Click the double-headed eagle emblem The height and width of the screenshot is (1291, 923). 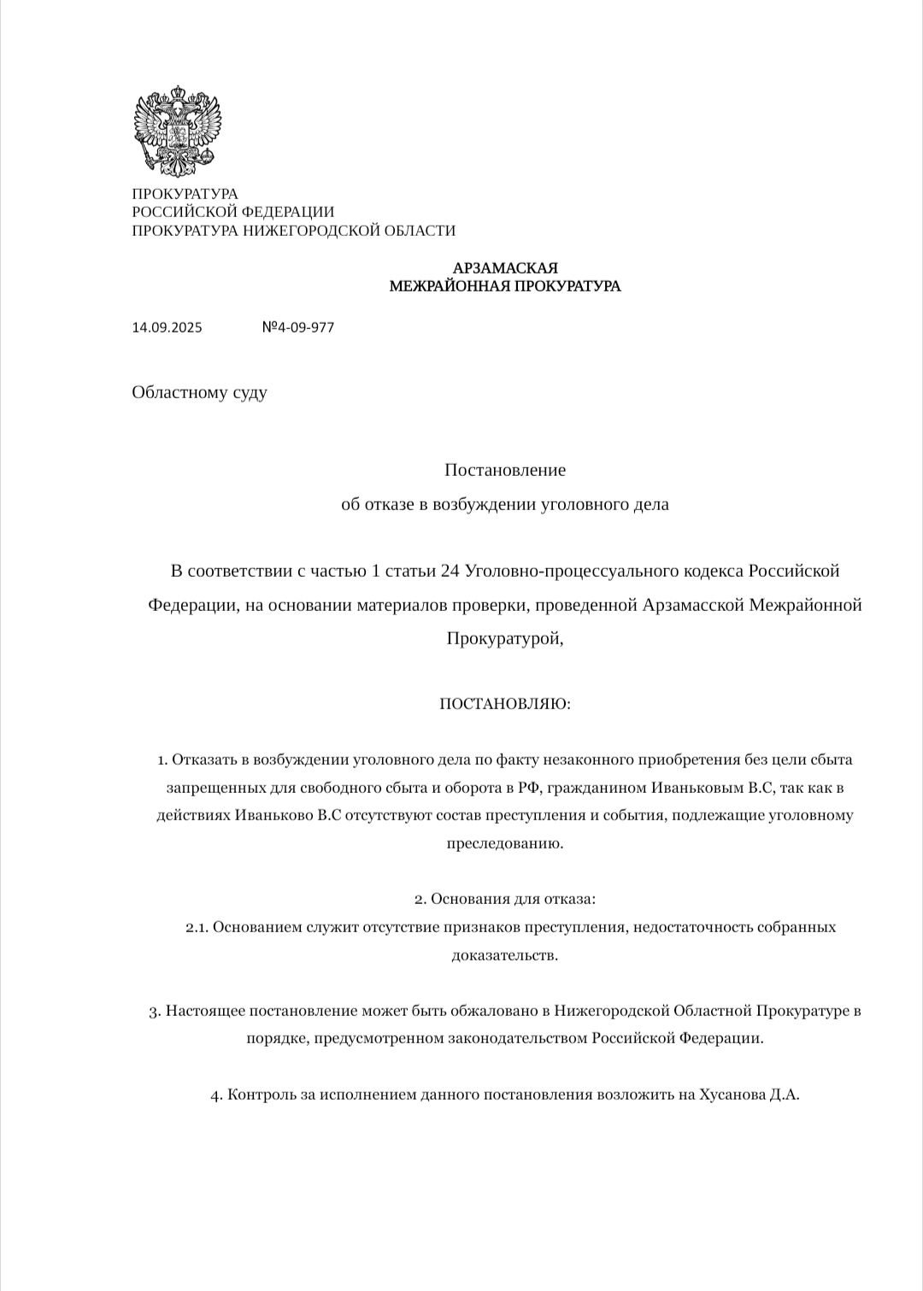[177, 131]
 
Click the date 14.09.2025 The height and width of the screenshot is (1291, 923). [167, 327]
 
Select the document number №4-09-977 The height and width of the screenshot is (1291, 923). [297, 327]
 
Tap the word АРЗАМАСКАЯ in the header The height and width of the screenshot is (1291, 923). [505, 268]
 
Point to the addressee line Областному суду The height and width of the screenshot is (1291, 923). [199, 392]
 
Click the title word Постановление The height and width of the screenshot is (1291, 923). [505, 470]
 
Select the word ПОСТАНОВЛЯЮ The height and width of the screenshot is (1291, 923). [504, 704]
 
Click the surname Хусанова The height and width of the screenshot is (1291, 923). [732, 1094]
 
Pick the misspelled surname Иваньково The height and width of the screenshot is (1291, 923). [273, 815]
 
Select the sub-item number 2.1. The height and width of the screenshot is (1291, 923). [197, 927]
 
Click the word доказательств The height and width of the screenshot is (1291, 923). [504, 955]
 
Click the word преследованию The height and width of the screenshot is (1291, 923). [504, 843]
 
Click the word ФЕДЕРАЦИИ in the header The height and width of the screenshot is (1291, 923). [288, 212]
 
